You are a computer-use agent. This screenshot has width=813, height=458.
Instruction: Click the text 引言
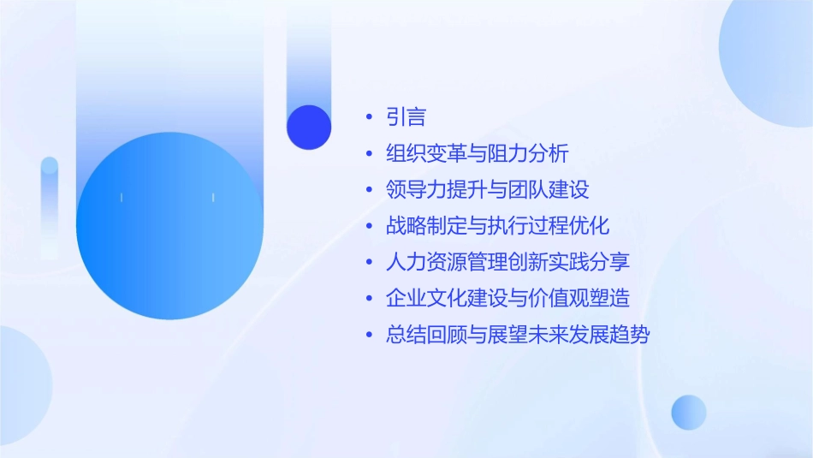[x=406, y=117]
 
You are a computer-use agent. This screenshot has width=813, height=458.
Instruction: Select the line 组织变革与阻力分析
[x=478, y=154]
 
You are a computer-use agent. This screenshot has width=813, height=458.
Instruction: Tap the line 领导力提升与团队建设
[x=488, y=190]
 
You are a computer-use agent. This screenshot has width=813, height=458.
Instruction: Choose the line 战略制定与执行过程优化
[x=498, y=226]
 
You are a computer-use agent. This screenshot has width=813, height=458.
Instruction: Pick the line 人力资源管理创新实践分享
[x=508, y=262]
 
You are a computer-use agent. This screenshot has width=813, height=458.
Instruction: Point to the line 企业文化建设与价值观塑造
[x=508, y=298]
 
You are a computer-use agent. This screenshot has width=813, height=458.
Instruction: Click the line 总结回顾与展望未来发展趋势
[x=518, y=334]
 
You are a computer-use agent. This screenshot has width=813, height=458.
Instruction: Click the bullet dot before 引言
[x=369, y=118]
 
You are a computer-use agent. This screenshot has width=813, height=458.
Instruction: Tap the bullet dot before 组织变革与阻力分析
[x=369, y=154]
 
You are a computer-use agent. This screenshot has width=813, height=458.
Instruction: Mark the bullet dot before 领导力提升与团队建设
[x=369, y=190]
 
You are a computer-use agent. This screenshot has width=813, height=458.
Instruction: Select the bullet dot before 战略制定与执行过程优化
[x=369, y=226]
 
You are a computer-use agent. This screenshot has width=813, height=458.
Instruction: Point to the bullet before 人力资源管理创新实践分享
[x=369, y=262]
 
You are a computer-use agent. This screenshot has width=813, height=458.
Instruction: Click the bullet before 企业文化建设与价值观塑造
[x=369, y=299]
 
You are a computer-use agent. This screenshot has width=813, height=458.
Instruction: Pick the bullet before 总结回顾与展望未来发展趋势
[x=369, y=335]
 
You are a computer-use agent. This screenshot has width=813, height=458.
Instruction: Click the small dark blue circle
[x=309, y=127]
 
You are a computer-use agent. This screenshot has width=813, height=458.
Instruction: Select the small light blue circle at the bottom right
[x=689, y=412]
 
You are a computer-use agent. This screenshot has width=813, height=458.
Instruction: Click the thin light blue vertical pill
[x=50, y=205]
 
